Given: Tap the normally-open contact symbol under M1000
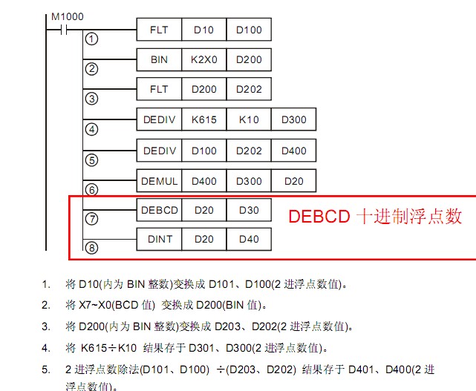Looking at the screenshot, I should (x=56, y=30).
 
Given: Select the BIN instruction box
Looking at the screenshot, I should (x=160, y=59).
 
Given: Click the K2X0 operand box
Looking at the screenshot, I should (x=204, y=59).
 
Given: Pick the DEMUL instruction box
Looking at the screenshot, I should (x=160, y=180).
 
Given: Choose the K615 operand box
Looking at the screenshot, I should (x=204, y=119).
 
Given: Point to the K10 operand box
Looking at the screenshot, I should (x=249, y=119).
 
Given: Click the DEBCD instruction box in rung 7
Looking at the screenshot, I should (x=160, y=210).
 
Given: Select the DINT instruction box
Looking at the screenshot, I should (x=160, y=239).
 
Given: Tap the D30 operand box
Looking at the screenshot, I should (x=249, y=210).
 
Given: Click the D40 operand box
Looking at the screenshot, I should (x=249, y=239).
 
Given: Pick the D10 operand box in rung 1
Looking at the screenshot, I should (x=204, y=30).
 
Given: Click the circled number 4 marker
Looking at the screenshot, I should (x=92, y=129).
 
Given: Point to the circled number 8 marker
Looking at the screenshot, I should (x=92, y=248).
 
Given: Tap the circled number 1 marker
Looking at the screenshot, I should (x=92, y=39).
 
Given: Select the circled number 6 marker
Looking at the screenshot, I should (x=92, y=189).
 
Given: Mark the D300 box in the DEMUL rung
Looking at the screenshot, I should (x=249, y=180).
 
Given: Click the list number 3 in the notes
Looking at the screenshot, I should (x=46, y=326).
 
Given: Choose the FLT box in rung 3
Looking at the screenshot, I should (x=160, y=89).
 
